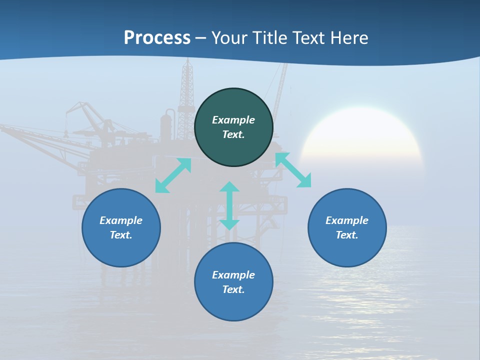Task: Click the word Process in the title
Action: pos(157,38)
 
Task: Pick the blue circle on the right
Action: pos(347,250)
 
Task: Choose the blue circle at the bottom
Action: pos(233,305)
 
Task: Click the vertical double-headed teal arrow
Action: pos(229,205)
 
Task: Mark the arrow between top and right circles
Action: pos(293,170)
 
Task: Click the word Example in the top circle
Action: pos(233,120)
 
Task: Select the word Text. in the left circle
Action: pos(121,235)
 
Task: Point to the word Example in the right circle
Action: pos(347,220)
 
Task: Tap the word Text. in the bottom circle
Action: pos(233,289)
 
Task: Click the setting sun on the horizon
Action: pos(362,135)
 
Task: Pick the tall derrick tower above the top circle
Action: pos(187,85)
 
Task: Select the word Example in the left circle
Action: pos(121,220)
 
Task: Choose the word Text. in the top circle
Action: pos(233,134)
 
